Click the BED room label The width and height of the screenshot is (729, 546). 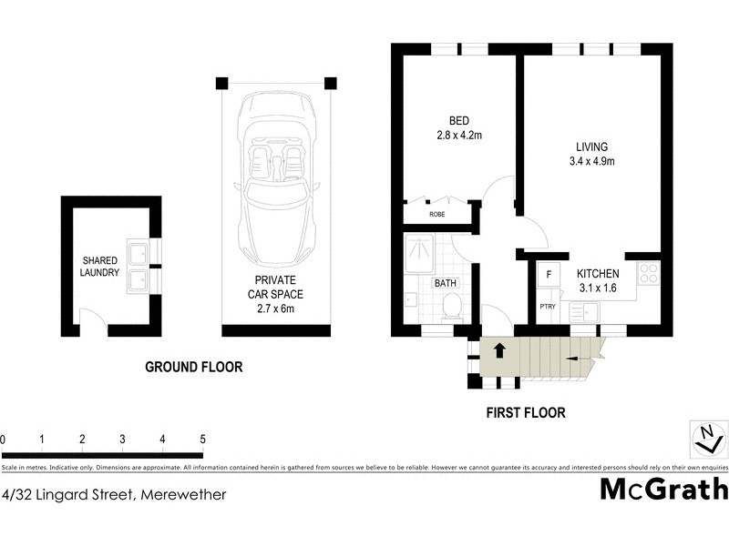coord(458,122)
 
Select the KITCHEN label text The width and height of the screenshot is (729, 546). coord(598,274)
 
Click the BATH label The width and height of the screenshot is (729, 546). coord(445,284)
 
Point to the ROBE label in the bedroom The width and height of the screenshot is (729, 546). coord(437,216)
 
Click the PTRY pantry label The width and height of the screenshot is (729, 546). coord(548,307)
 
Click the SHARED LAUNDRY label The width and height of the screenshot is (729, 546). coord(99,266)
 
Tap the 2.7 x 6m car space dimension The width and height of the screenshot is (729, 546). coord(274,309)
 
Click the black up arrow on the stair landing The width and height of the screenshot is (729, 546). coord(498,349)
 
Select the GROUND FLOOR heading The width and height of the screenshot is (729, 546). coord(194,368)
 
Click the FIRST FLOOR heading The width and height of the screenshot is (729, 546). coord(524,412)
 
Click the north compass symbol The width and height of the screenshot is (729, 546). coord(705,440)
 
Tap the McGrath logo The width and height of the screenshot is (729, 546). coord(663,489)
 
